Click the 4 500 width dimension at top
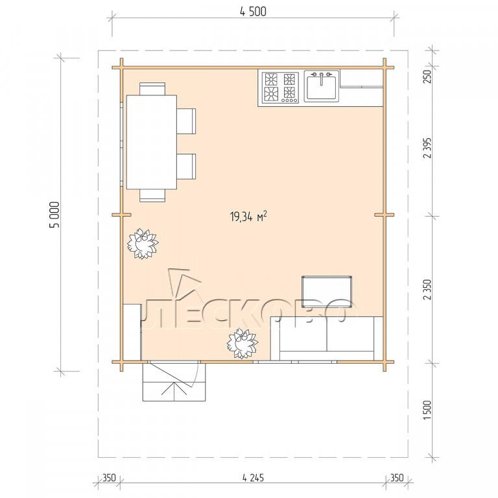coord(253,12)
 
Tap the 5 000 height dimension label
coord(54,215)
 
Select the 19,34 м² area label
coord(248,217)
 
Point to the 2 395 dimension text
coord(428,148)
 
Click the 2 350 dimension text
coord(428,289)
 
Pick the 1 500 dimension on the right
coord(428,410)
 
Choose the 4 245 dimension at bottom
coord(253,477)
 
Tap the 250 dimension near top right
coord(428,77)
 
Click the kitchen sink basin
coord(322,86)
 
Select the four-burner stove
coord(280,88)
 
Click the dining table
coord(152,142)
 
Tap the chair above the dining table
coord(152,89)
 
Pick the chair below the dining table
coord(152,195)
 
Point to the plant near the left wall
coord(143,244)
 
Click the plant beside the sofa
coord(243,343)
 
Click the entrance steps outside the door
coord(174,382)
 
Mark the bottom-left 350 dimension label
coord(109,477)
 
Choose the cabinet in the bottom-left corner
coord(132,331)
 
